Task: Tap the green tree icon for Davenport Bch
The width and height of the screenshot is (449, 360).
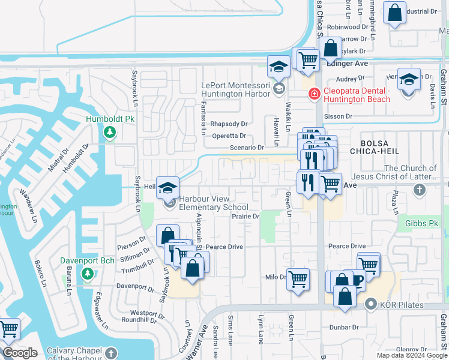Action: pos(88,274)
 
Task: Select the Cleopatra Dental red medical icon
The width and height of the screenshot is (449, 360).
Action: pos(313,94)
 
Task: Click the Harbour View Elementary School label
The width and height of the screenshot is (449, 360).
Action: pos(214,203)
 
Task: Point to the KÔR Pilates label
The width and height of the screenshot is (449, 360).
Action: pos(402,305)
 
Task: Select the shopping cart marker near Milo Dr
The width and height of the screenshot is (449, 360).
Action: pos(298,279)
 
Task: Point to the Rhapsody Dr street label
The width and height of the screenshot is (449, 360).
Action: pos(232,124)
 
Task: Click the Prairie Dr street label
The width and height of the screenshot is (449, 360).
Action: pos(246,217)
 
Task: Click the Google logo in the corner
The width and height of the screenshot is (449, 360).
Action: pos(20,353)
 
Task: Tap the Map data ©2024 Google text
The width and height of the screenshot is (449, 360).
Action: pos(411,355)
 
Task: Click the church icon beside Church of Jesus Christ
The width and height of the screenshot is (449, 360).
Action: pos(419,190)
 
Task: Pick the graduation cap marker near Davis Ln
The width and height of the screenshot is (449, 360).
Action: pos(409,80)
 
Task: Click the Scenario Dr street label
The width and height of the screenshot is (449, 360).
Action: pos(247,148)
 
